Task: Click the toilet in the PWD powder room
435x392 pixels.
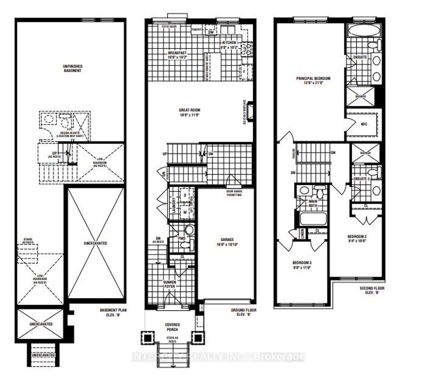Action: point(189,230)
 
